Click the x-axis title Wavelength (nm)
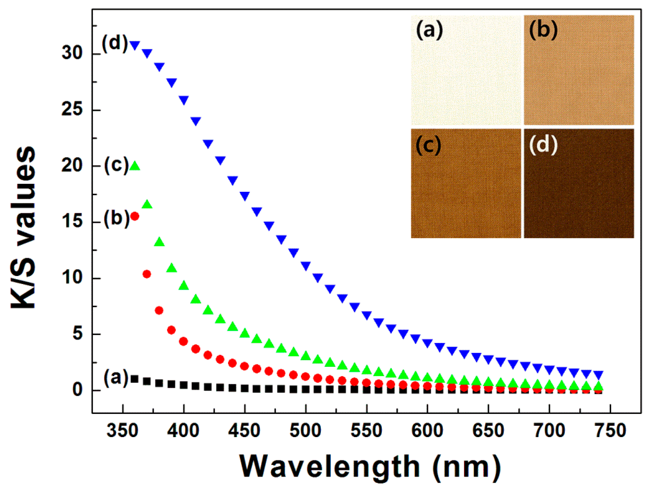[x=370, y=466]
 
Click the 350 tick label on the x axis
[x=122, y=430]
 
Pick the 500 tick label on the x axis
[x=305, y=430]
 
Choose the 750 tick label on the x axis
[x=610, y=430]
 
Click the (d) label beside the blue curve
[x=115, y=42]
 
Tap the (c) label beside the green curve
[x=116, y=165]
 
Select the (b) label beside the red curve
[x=116, y=218]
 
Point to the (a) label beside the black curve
[x=116, y=377]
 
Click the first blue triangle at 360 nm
[x=135, y=45]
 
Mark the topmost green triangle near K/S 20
[x=135, y=166]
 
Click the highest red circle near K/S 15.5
[x=135, y=216]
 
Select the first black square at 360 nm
[x=135, y=379]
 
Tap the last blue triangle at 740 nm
[x=598, y=375]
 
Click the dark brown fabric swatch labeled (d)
[x=579, y=193]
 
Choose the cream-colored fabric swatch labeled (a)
[x=466, y=77]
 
